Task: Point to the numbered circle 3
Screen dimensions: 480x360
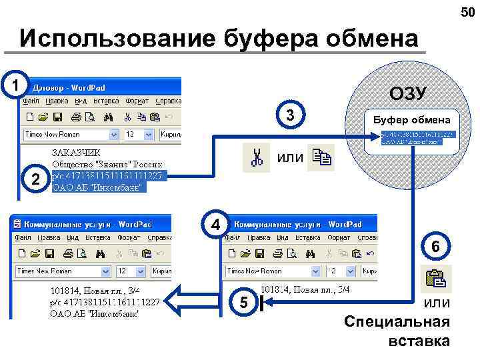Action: coord(290,115)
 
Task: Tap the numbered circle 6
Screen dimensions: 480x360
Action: coord(435,247)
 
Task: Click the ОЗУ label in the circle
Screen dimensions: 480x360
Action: coord(408,93)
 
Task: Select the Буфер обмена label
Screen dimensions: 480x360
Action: coord(411,121)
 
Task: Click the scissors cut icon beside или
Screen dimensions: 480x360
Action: coord(257,158)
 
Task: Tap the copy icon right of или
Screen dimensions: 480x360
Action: coord(321,158)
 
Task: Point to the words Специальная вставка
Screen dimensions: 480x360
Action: coord(398,331)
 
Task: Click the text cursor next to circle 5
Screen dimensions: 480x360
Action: coord(262,304)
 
